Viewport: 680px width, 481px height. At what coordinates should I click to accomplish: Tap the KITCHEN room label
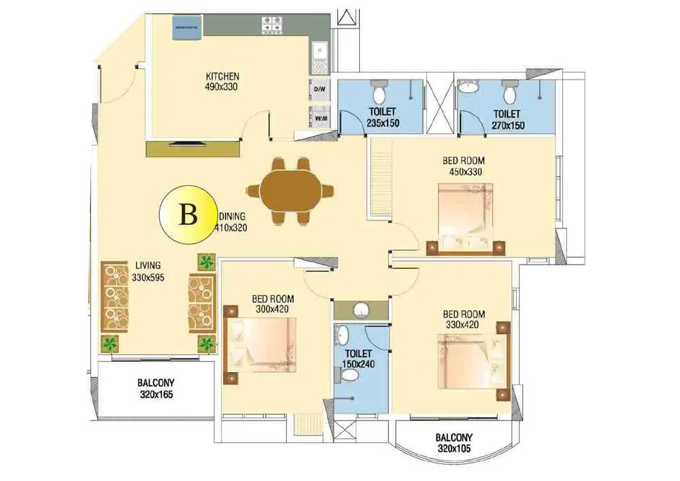222,76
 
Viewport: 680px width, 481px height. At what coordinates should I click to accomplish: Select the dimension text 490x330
222,86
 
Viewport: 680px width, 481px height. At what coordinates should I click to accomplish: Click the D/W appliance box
318,89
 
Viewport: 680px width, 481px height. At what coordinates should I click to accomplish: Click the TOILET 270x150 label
507,119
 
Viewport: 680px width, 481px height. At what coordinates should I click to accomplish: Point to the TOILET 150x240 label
358,359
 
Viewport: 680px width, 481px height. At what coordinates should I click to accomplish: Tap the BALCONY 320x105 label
455,443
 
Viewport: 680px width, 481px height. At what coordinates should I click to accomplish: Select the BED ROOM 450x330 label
464,166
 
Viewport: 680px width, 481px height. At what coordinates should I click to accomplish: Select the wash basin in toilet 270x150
469,87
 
